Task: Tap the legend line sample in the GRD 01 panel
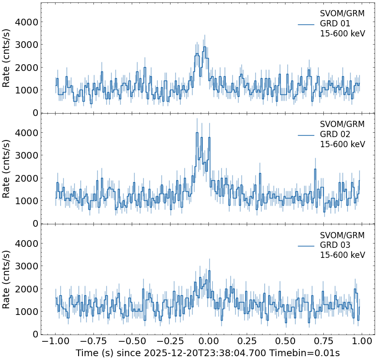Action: click(306, 24)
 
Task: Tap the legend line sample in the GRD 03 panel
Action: click(306, 245)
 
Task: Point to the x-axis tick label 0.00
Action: click(208, 341)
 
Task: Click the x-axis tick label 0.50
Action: click(286, 341)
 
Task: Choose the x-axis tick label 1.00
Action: click(363, 341)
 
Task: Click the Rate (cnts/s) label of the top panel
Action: click(6, 58)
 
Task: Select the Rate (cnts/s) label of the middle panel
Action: click(6, 168)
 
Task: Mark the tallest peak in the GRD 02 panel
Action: click(197, 133)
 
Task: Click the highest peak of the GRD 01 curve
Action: click(205, 47)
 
